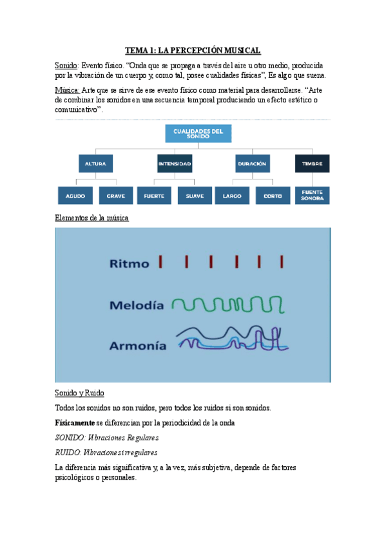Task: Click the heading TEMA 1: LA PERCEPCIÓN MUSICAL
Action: click(193, 50)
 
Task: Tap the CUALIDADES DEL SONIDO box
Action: click(198, 133)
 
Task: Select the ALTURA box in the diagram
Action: click(95, 164)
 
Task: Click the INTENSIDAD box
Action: click(174, 164)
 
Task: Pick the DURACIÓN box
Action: click(251, 164)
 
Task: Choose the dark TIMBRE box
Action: click(312, 164)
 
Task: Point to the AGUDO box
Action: click(75, 195)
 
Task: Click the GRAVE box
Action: click(116, 195)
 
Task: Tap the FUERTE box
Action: click(154, 195)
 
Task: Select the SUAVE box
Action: click(194, 195)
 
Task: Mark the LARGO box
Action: click(232, 195)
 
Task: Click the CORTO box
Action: click(273, 195)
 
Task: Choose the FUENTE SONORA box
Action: click(312, 195)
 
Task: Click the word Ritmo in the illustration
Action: click(129, 263)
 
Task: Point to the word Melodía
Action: click(136, 305)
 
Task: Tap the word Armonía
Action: click(137, 345)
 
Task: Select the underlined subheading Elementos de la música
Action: click(92, 218)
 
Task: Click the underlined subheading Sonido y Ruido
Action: click(80, 393)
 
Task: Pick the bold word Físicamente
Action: click(75, 422)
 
